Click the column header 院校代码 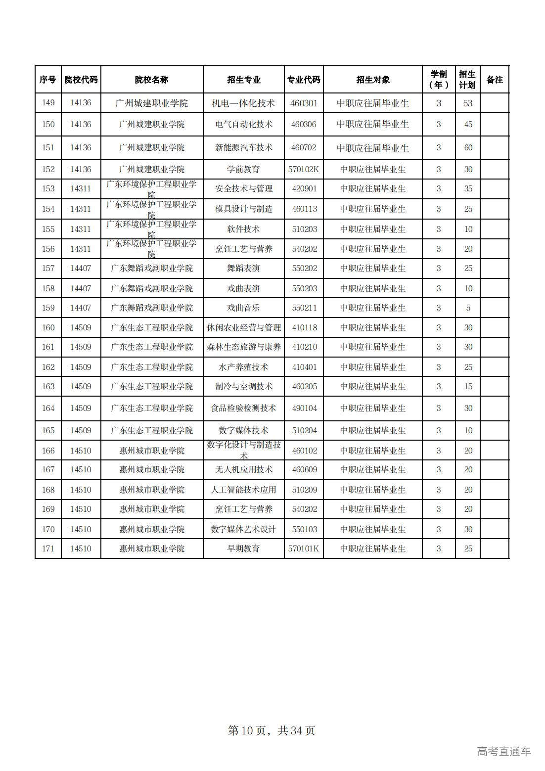point(81,80)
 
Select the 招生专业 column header point(243,80)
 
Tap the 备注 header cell point(494,80)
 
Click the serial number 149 point(48,103)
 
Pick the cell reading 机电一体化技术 point(243,103)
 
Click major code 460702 point(304,147)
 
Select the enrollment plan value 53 point(468,103)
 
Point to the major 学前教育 point(243,169)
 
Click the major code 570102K point(304,169)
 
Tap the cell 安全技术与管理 point(243,188)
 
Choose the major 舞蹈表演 point(243,268)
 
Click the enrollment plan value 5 point(468,308)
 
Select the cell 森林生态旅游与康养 point(243,347)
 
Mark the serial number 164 point(48,408)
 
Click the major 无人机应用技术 point(243,469)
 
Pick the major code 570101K point(304,548)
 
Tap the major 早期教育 point(243,548)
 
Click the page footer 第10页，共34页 point(272,730)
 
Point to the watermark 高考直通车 point(503,751)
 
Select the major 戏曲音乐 point(243,308)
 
